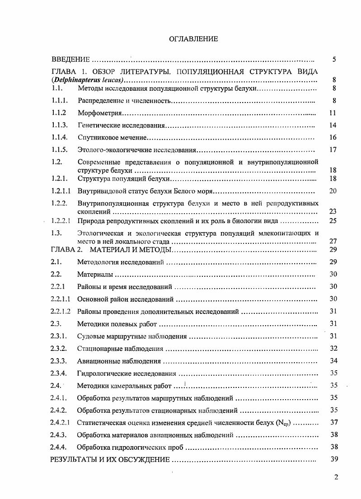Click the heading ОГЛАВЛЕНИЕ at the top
[x=193, y=39]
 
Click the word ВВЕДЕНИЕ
[x=71, y=59]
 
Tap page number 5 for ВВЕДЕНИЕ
[x=333, y=59]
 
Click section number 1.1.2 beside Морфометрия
[x=59, y=113]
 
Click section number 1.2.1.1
[x=61, y=191]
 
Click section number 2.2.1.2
[x=61, y=312]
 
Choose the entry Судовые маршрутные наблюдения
[x=132, y=336]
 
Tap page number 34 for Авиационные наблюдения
[x=333, y=361]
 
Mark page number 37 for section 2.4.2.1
[x=333, y=423]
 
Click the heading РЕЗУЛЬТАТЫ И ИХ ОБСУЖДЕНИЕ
[x=110, y=460]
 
